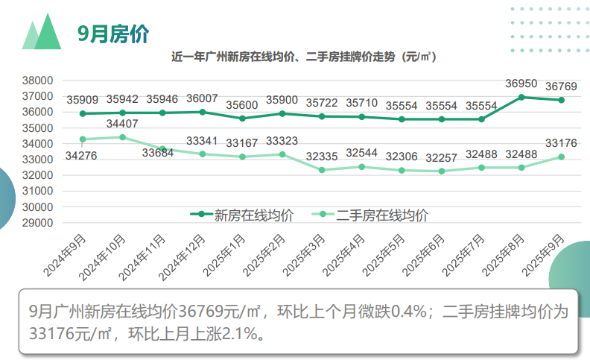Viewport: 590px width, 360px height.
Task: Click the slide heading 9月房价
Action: click(113, 34)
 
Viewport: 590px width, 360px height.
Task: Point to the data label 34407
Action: click(122, 124)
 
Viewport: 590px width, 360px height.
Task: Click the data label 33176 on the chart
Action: click(561, 142)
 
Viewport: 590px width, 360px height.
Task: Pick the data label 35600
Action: click(242, 105)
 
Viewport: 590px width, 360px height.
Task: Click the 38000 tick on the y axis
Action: click(39, 80)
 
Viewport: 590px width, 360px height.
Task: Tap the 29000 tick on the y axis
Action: click(39, 222)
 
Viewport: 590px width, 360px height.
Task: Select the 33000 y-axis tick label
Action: click(39, 160)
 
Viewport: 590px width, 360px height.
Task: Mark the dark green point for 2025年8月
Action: click(521, 97)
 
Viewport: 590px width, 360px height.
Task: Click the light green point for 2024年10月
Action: click(122, 137)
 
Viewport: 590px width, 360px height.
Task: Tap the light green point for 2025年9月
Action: click(561, 157)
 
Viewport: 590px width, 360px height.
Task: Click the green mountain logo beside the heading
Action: click(42, 31)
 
